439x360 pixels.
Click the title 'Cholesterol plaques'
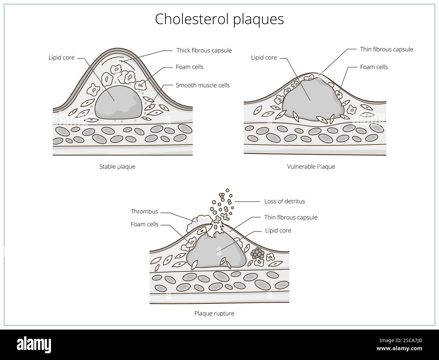(219, 19)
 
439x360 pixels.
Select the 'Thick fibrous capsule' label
(204, 50)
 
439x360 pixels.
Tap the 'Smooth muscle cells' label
(203, 85)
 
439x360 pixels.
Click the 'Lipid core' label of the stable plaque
(61, 57)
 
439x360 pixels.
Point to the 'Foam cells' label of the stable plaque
(189, 67)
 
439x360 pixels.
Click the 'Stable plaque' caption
(117, 166)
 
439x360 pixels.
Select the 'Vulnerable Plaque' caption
(311, 166)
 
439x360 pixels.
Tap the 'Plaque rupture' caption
(214, 313)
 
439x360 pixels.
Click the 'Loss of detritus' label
(284, 201)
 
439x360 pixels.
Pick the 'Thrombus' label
(144, 212)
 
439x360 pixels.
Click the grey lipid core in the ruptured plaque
(216, 252)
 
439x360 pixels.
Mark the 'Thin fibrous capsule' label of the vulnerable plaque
(386, 49)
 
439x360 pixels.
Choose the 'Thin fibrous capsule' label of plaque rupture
(291, 217)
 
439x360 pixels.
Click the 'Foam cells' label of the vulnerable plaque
(374, 67)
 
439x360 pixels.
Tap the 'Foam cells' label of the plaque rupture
(145, 224)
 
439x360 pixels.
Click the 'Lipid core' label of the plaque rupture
(278, 231)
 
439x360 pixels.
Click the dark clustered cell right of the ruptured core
(258, 253)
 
